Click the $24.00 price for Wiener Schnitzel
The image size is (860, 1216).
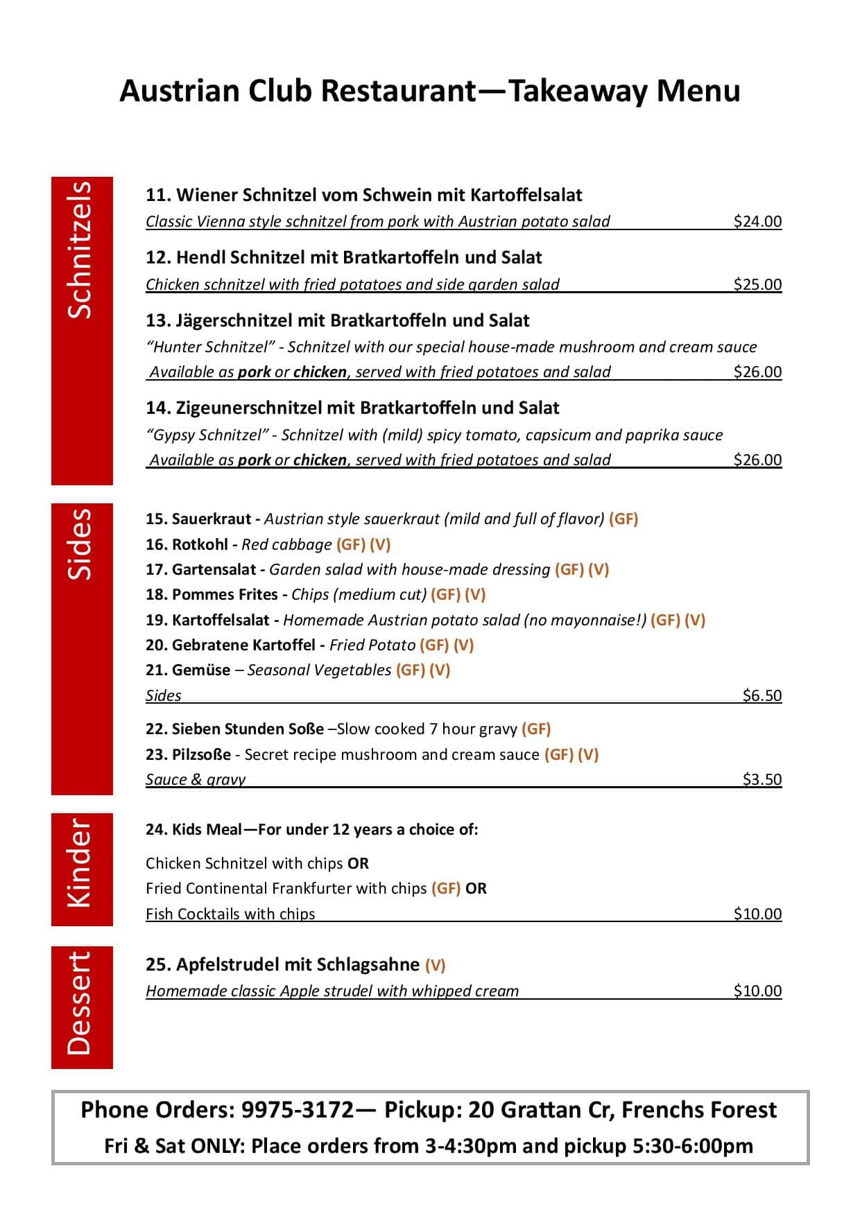coord(757,221)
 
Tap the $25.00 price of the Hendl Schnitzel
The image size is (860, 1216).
coord(757,284)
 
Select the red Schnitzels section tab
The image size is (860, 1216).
coord(82,331)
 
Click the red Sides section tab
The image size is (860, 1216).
coord(82,648)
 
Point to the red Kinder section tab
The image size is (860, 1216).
coord(82,869)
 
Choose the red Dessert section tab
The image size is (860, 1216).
coord(82,1007)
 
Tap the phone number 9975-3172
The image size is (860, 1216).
coord(298,1110)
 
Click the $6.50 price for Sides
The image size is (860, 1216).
coord(762,695)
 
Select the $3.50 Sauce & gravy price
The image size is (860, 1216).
coord(762,779)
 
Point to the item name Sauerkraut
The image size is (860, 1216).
coord(212,519)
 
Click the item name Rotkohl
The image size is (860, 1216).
coord(200,544)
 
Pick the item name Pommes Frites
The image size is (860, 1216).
coord(225,594)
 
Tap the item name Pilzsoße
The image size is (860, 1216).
coord(201,754)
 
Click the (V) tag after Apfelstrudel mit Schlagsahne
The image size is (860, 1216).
coord(435,964)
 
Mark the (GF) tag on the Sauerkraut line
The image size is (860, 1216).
coord(623,519)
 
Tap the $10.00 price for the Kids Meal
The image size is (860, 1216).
coord(757,914)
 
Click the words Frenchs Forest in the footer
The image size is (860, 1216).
coord(698,1110)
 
